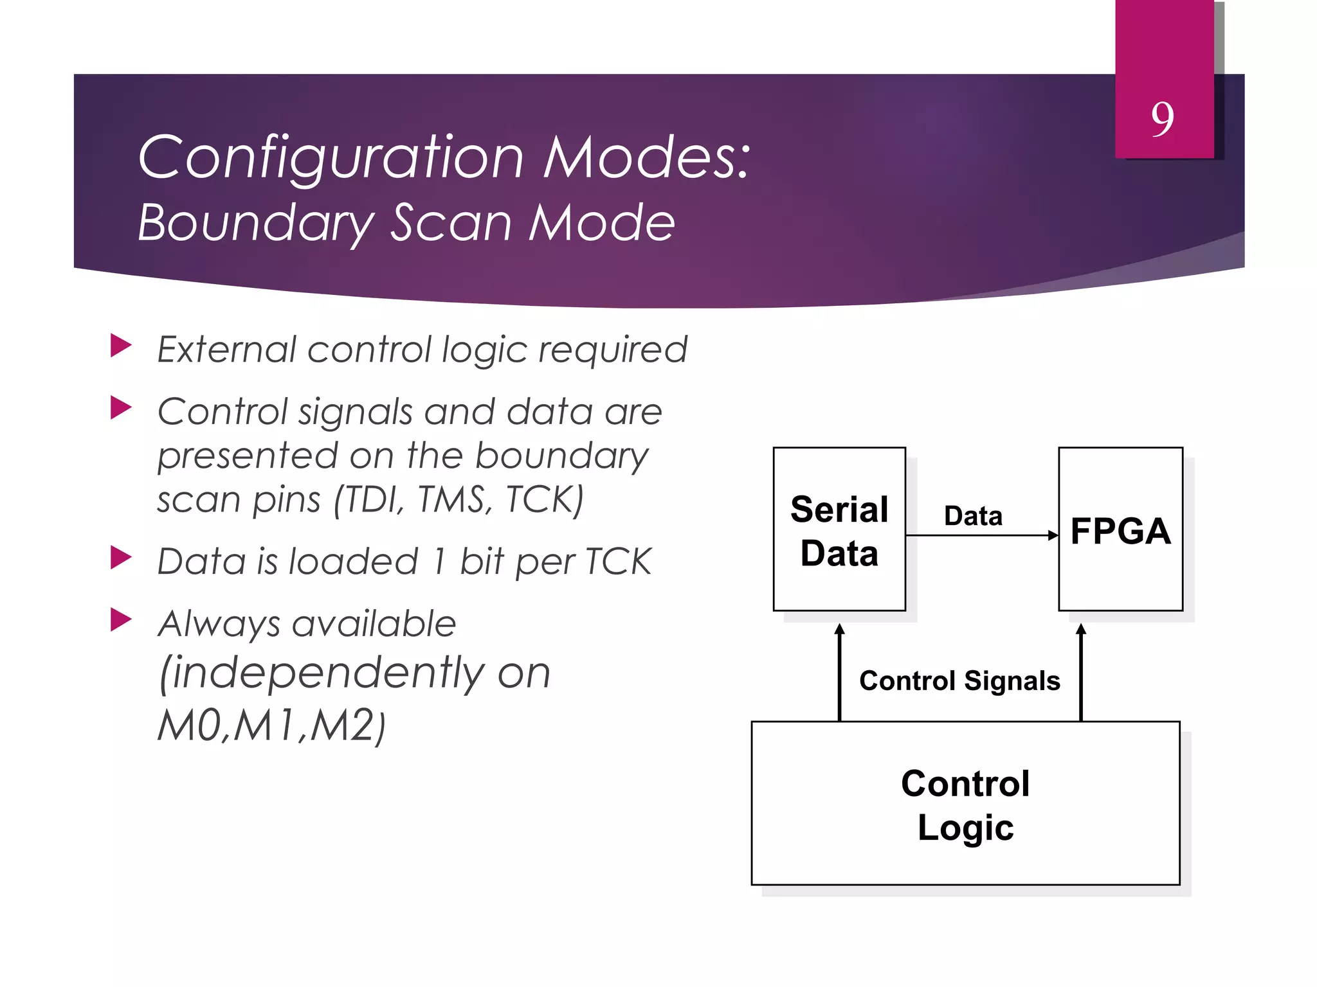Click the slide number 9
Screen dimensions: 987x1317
1162,120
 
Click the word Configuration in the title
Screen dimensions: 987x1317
331,158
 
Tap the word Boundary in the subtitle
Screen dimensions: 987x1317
255,223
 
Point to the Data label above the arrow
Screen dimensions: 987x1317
973,516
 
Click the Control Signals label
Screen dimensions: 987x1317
959,681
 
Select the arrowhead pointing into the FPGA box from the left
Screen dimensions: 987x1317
1053,535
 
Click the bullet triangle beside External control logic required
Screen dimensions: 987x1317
120,346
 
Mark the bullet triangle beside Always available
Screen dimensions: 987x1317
120,620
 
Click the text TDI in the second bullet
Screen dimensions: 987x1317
371,500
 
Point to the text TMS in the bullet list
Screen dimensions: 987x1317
454,500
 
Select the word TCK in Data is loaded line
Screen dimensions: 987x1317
618,562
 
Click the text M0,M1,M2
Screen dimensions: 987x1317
270,726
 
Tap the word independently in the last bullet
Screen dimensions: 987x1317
328,673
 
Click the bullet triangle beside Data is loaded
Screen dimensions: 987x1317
120,558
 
